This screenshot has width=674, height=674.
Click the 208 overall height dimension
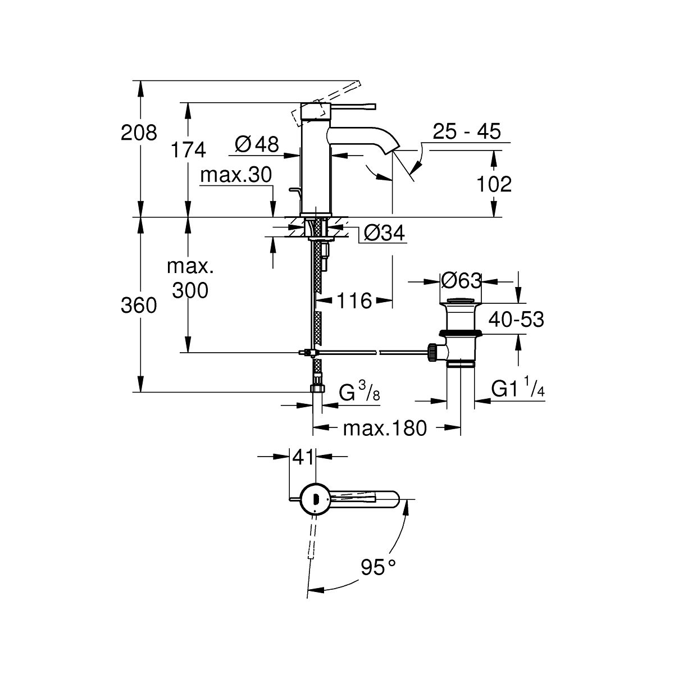click(139, 133)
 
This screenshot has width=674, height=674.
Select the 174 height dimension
click(188, 150)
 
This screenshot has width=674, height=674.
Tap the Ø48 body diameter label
click(257, 144)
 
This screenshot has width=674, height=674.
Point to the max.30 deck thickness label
click(236, 175)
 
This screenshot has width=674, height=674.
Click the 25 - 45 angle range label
click(467, 131)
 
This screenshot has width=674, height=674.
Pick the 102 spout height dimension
click(494, 184)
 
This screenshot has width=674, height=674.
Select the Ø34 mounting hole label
click(384, 233)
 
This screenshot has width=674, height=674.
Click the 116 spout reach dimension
click(354, 301)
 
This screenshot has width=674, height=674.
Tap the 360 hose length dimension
click(139, 306)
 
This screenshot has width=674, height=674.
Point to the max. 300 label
click(190, 278)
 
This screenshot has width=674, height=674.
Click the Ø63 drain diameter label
click(461, 280)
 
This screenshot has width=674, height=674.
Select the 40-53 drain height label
click(516, 320)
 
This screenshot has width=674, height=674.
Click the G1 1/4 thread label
click(518, 386)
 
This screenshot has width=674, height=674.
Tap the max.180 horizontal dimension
click(385, 428)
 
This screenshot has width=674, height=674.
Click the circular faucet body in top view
click(315, 499)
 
